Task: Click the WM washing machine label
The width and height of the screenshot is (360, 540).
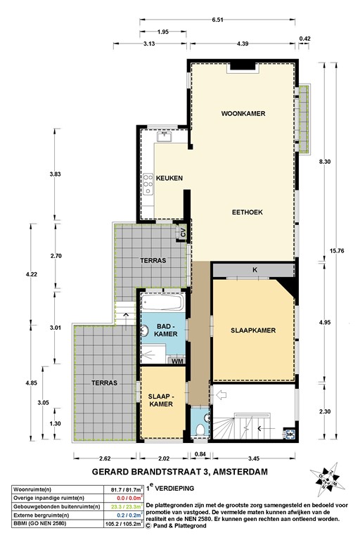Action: (178, 361)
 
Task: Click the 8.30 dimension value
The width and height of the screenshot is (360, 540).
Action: (323, 162)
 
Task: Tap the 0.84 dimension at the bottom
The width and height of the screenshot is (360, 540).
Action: (200, 454)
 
